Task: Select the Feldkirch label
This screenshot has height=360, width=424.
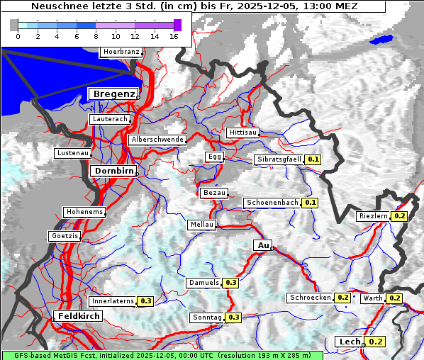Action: (78, 315)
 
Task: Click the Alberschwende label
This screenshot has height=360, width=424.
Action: (157, 140)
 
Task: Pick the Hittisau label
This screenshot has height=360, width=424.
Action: (242, 133)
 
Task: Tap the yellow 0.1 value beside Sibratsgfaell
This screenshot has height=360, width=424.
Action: (313, 159)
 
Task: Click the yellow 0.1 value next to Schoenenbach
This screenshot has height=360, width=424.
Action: (310, 203)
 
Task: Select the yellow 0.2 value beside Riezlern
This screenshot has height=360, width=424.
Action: (399, 215)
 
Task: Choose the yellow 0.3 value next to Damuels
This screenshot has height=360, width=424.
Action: (230, 283)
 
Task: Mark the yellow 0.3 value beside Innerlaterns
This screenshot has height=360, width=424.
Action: (145, 300)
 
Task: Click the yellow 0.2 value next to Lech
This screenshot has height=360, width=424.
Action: (376, 342)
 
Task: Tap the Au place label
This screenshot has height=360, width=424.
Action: (262, 245)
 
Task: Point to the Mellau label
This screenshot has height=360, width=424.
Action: (201, 225)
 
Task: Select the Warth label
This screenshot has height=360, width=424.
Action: (373, 298)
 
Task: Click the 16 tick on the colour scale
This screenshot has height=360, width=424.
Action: (173, 36)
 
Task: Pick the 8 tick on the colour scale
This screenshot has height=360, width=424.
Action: (96, 36)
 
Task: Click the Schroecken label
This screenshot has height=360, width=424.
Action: (310, 298)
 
